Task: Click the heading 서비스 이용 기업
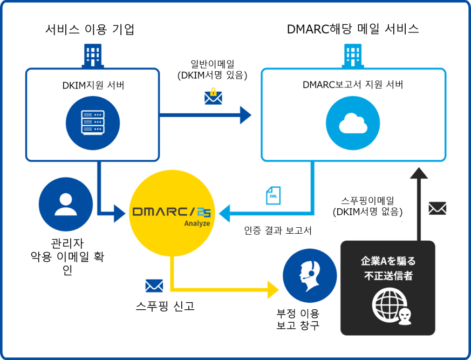90,30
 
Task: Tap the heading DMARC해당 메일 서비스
353,29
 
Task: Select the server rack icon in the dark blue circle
92,123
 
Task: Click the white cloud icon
353,123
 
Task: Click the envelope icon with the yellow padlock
213,96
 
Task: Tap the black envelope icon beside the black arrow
437,208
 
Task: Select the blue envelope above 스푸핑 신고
154,286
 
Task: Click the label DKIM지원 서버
92,85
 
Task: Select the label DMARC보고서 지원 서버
353,85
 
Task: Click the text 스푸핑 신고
165,307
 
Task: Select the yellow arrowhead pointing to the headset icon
272,290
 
